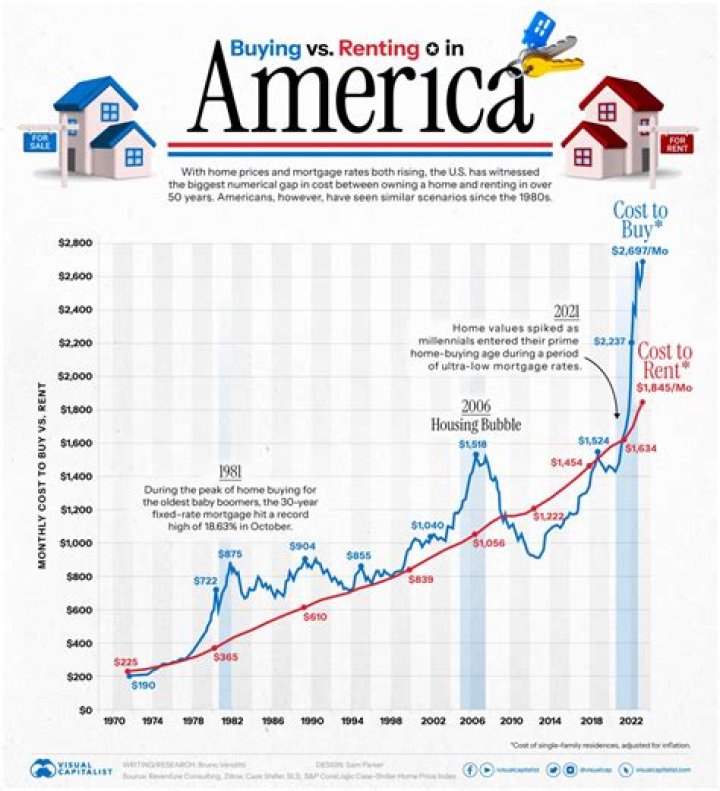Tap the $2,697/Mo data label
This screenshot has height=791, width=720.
[637, 251]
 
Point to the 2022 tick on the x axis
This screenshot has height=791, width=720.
[629, 720]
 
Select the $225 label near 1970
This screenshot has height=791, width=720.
[126, 661]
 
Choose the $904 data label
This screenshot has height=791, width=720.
[305, 546]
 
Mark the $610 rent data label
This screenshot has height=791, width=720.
[315, 618]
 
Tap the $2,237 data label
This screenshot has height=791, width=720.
[609, 342]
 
